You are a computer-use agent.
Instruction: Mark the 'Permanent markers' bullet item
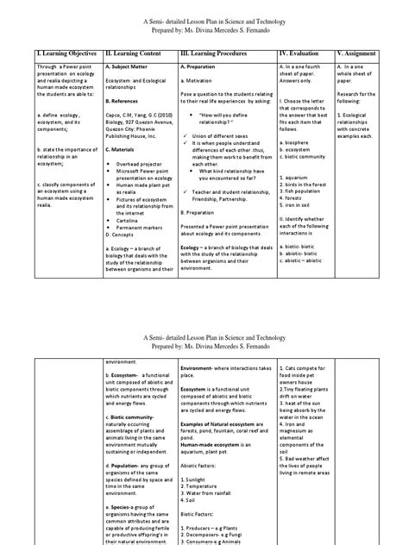[x=142, y=226]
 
